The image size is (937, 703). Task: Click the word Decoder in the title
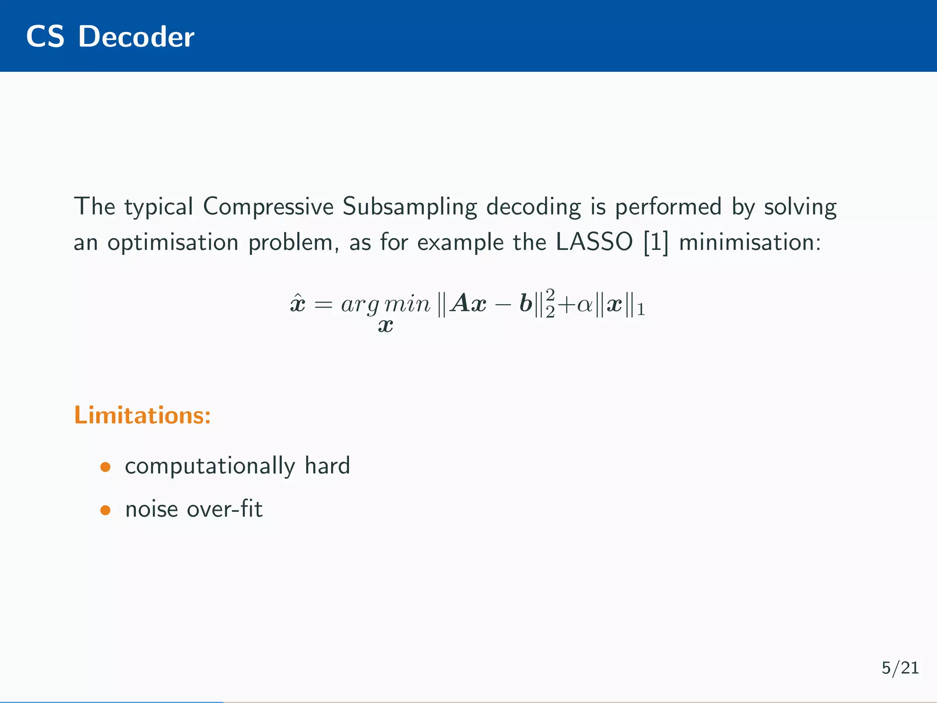coord(136,37)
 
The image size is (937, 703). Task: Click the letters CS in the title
coord(45,37)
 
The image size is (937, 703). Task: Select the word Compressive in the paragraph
coord(268,207)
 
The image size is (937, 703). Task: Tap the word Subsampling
coord(409,207)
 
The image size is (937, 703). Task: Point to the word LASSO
coord(594,242)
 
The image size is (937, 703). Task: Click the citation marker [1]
coord(656,243)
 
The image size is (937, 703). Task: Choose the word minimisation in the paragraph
coord(750,242)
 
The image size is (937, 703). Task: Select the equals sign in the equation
coord(323,304)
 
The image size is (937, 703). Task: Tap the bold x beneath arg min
coord(386,326)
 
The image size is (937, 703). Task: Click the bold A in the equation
coord(460,303)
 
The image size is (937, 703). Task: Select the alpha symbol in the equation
coord(584,304)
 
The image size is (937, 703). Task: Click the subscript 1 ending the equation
coord(641,310)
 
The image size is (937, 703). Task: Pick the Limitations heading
coord(142,415)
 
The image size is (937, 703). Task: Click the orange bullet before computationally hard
coord(106,467)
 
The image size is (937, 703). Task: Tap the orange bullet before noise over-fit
coord(106,510)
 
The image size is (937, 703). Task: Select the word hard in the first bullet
coord(327,466)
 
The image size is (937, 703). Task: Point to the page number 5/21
coord(900,668)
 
